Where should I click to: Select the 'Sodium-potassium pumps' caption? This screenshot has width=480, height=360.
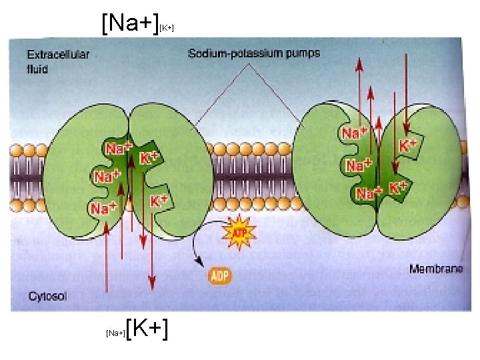coord(254,53)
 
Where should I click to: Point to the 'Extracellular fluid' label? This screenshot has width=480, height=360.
coord(57,62)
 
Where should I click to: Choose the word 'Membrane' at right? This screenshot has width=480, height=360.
coord(435,269)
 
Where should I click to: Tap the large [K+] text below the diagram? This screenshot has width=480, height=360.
coord(146,328)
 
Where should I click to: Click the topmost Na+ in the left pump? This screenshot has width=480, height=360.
coord(117,147)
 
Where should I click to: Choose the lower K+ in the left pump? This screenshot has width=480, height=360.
coord(159,199)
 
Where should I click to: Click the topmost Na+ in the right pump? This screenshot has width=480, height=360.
coord(355,133)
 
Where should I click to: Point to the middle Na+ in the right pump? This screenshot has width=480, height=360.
coord(359,164)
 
